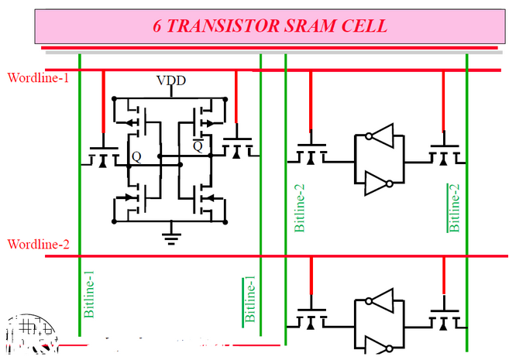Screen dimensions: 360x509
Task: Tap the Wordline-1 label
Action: (x=39, y=77)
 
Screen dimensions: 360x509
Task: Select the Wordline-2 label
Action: (x=39, y=245)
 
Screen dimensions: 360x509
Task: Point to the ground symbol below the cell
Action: (x=171, y=233)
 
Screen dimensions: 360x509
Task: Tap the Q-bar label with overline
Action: (x=198, y=145)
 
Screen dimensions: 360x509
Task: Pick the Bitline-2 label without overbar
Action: (x=300, y=206)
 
